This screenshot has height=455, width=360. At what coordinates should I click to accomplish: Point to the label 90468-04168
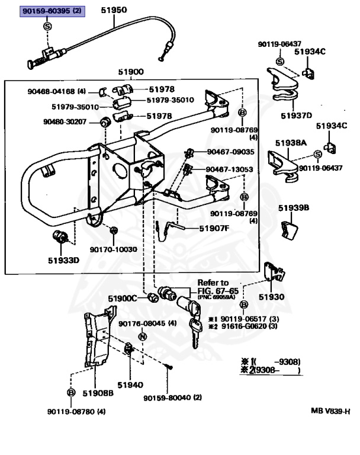[x=56, y=92]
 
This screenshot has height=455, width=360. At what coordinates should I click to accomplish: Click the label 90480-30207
[x=65, y=122]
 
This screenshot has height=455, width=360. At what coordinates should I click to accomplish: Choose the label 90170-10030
[x=113, y=250]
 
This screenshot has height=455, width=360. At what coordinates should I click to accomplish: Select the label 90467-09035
[x=230, y=152]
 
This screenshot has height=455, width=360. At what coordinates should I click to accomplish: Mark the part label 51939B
[x=294, y=208]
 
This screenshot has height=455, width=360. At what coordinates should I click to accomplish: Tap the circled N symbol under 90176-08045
[x=142, y=337]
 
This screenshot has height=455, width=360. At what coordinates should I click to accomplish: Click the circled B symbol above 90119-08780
[x=71, y=393]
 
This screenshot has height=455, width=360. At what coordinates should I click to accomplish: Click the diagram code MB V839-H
[x=331, y=411]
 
